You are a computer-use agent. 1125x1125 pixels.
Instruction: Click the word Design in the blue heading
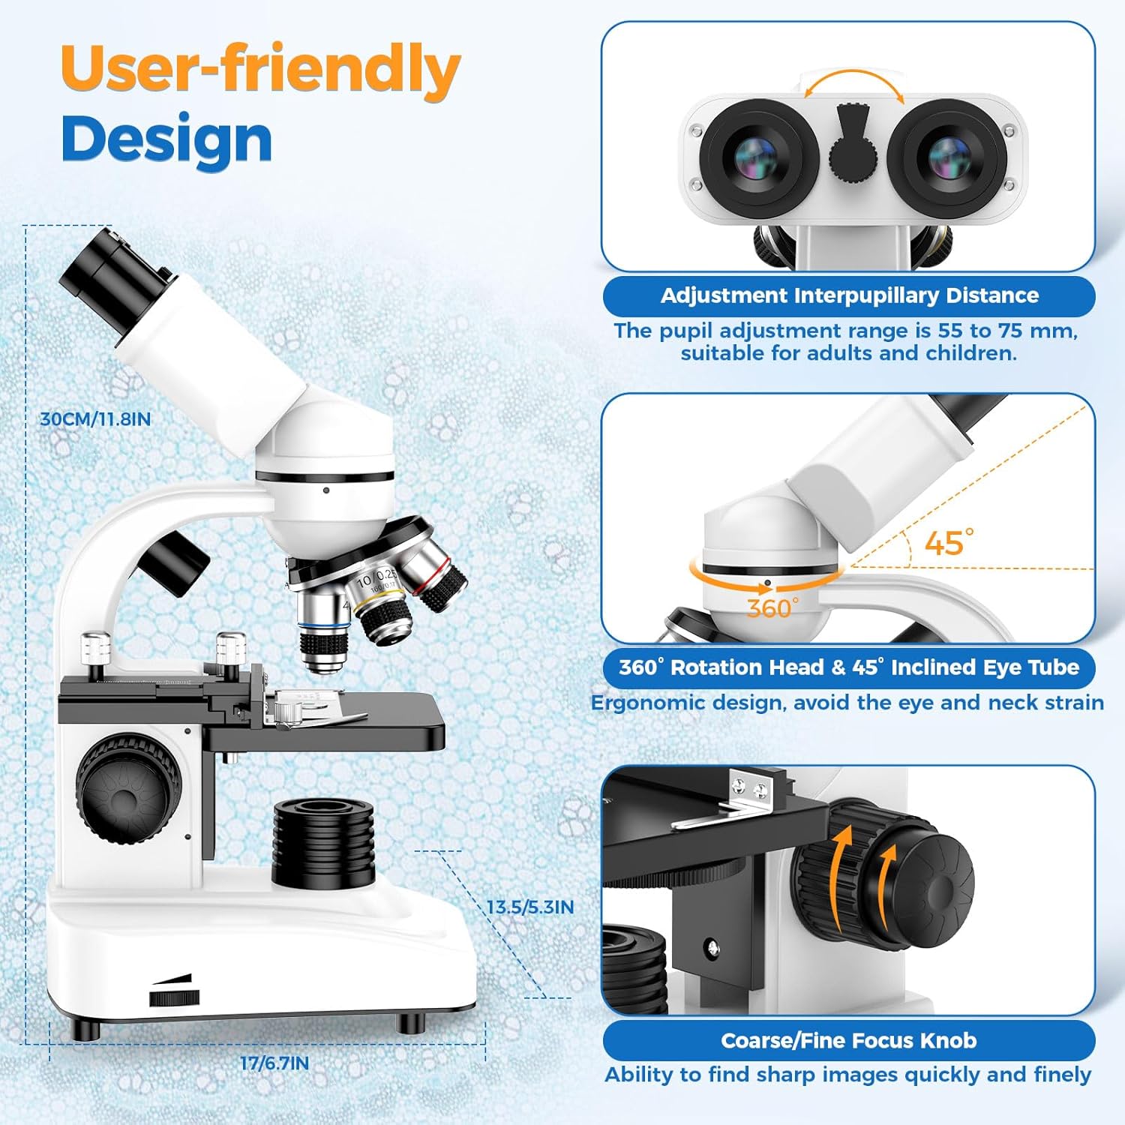(x=166, y=140)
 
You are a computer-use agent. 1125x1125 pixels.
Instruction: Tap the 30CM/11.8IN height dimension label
(x=95, y=419)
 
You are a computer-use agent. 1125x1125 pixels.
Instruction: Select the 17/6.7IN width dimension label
(x=274, y=1063)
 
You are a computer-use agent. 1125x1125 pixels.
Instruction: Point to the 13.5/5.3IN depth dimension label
(x=530, y=907)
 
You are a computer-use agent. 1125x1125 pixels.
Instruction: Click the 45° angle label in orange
(x=948, y=542)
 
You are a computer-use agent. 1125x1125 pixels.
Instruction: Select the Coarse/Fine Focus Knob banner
(x=848, y=1040)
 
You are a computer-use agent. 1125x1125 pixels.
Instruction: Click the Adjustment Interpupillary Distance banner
(x=849, y=295)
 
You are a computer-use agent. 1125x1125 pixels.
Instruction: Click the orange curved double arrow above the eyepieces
(x=853, y=82)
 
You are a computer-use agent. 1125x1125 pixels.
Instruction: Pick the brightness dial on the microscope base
(x=174, y=997)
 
